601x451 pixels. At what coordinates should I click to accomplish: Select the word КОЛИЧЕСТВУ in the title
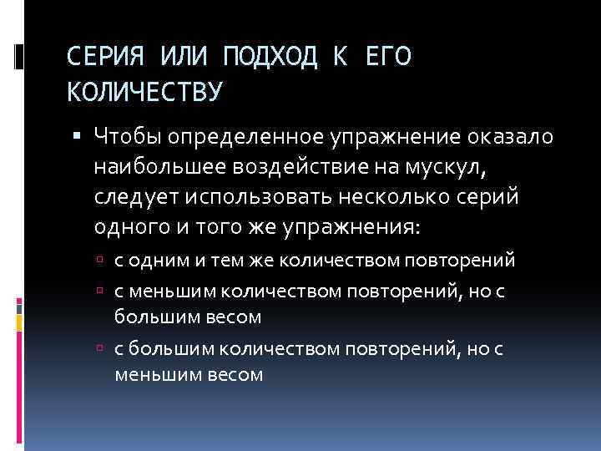[x=144, y=90]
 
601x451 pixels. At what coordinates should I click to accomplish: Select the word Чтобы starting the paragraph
[x=129, y=136]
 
